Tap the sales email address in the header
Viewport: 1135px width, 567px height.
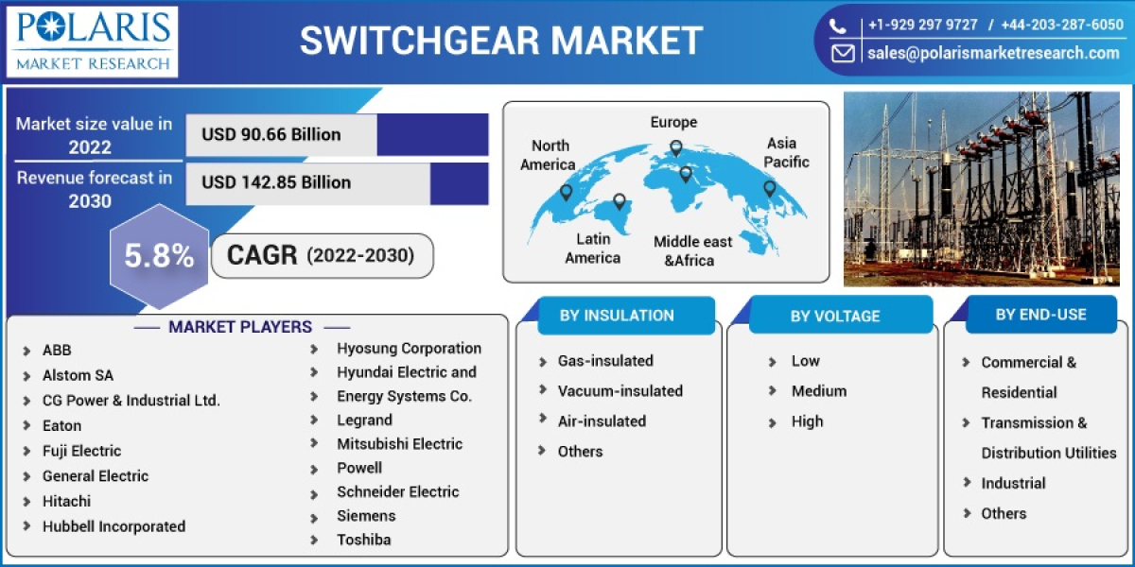993,53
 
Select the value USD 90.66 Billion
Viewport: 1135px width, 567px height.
271,134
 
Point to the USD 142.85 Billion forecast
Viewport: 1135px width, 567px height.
276,182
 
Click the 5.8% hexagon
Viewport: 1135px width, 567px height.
159,256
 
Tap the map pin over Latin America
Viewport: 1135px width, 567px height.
620,201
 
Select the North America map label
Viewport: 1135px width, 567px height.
549,155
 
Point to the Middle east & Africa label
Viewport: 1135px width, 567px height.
692,250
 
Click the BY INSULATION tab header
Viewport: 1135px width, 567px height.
617,316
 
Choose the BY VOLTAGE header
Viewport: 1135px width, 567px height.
835,317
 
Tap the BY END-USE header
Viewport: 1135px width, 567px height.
1040,315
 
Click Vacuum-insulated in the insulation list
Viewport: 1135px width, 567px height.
620,390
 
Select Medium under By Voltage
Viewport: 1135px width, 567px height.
819,390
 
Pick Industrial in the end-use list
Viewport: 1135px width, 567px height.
1013,483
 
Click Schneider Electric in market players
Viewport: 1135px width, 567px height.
397,491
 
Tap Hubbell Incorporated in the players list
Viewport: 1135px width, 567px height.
113,526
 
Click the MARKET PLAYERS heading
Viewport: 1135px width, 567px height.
240,327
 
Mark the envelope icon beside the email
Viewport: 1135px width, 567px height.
842,54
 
